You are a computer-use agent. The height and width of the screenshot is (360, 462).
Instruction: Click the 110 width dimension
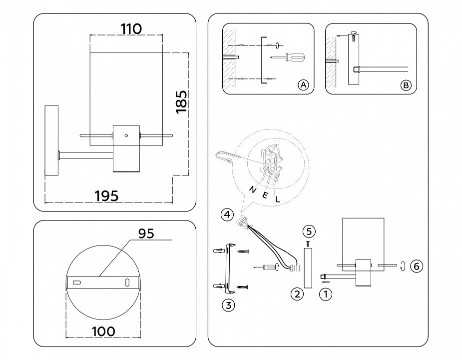click(x=131, y=29)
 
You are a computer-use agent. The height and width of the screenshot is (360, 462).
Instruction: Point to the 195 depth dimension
click(x=107, y=196)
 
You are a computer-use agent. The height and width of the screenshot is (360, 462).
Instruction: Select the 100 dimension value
click(x=103, y=331)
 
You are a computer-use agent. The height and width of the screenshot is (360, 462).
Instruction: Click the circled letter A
click(x=303, y=85)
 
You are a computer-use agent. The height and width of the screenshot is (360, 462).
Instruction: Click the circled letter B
click(x=406, y=85)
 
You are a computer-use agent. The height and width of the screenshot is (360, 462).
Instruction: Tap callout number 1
click(x=325, y=294)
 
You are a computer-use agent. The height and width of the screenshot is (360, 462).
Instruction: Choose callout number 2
click(x=297, y=294)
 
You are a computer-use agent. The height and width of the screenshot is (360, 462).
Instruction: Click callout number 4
click(x=227, y=215)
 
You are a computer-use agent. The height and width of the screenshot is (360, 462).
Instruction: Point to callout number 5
click(x=309, y=231)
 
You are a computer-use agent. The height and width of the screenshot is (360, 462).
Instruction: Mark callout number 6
click(x=416, y=266)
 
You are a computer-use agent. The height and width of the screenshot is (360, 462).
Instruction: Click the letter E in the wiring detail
click(x=265, y=195)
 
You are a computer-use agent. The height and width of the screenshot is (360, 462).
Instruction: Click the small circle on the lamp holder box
click(x=126, y=135)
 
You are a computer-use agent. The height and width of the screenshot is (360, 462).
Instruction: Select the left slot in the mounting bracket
click(x=77, y=283)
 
